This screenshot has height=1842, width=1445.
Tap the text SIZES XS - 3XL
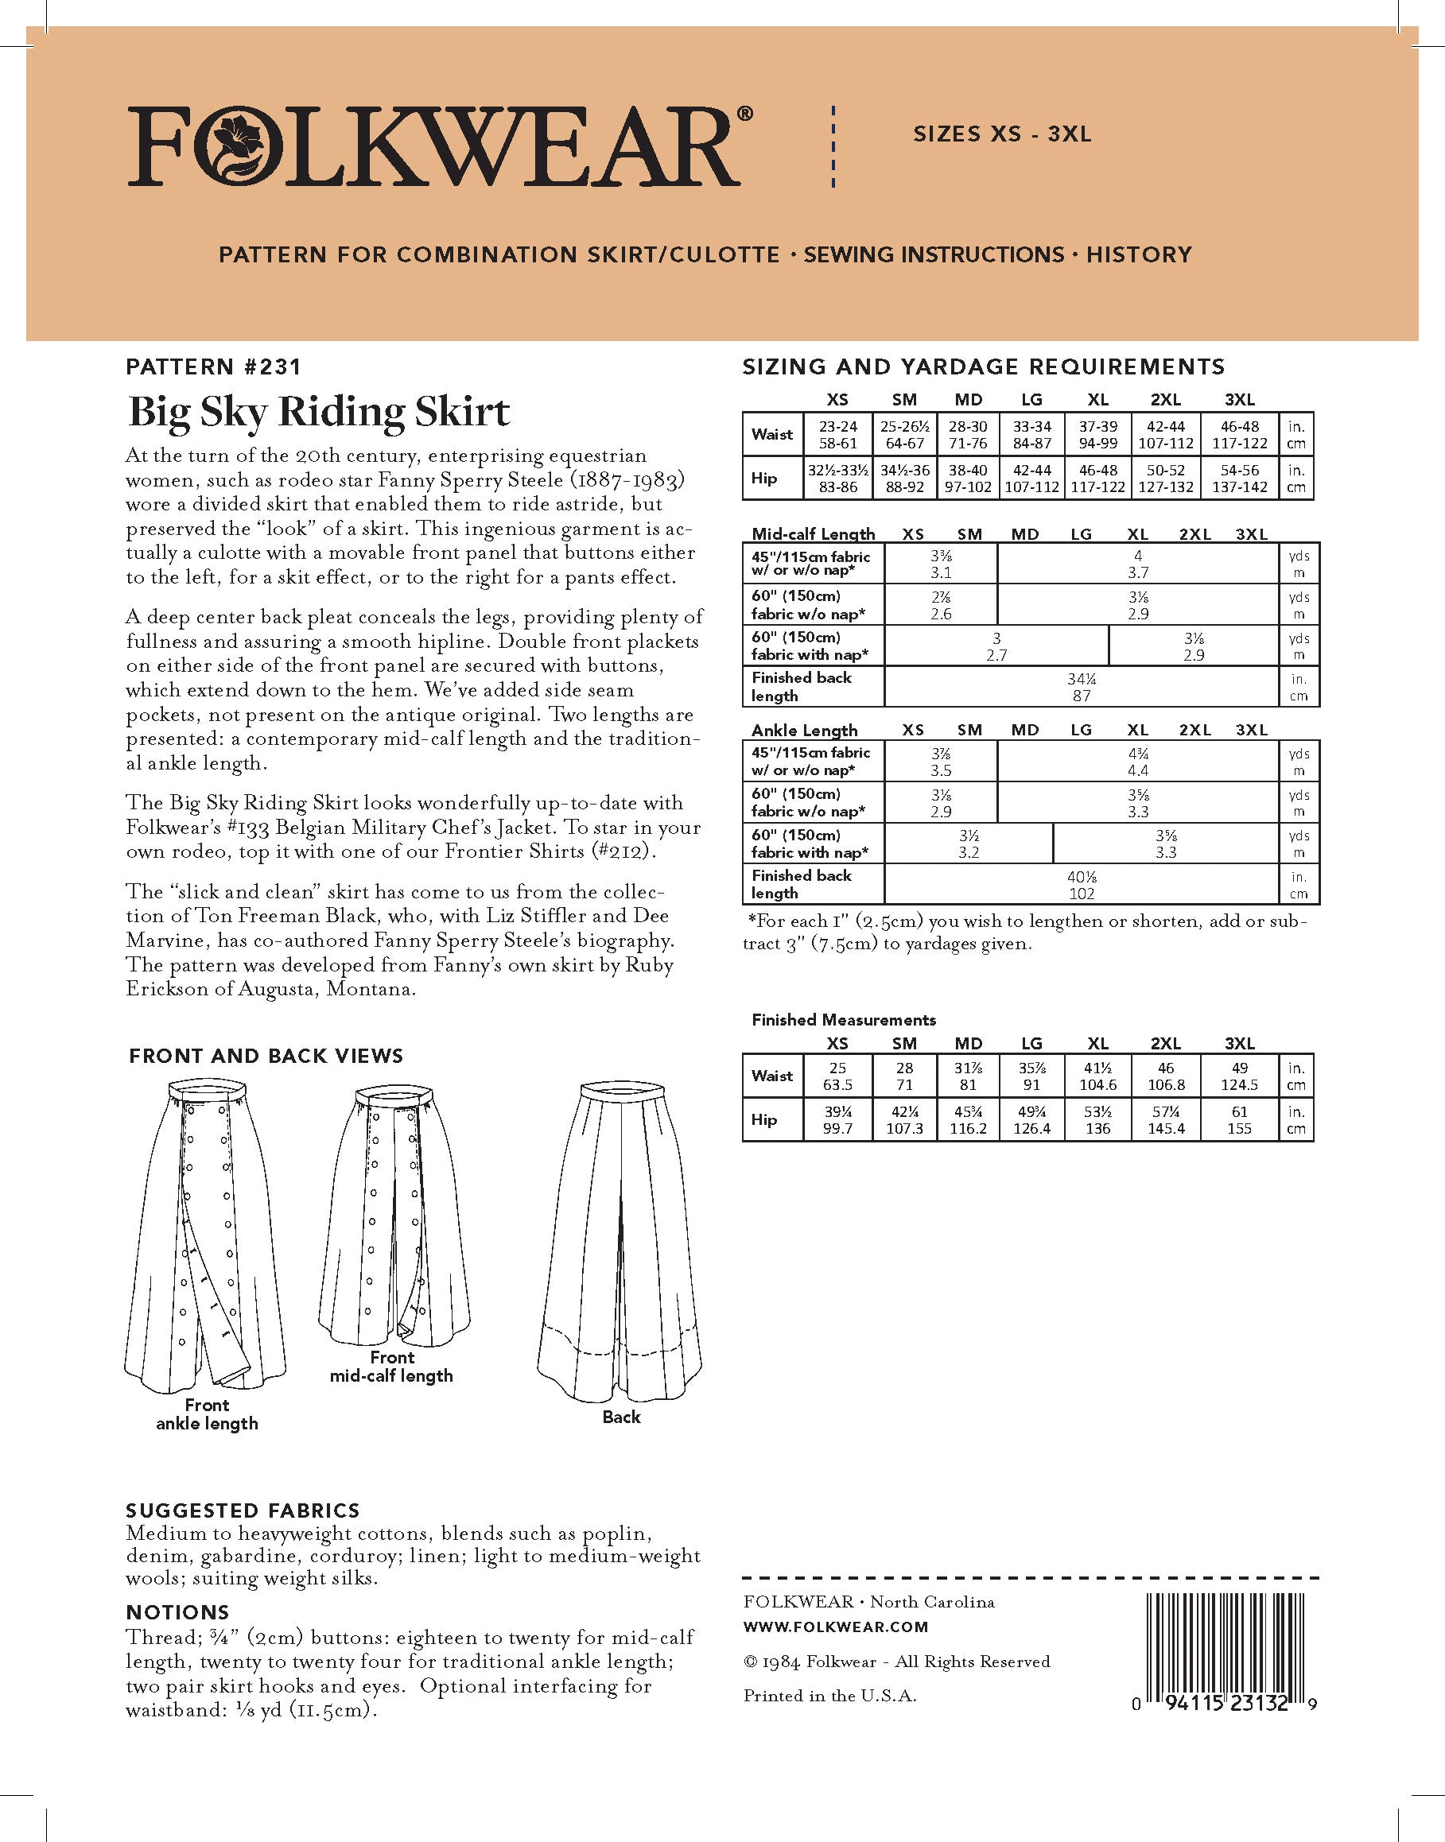[1002, 134]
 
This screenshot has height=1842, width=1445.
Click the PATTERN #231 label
[213, 366]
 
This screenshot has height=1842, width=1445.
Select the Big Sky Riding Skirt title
[318, 412]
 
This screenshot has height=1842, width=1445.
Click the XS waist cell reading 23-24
[837, 435]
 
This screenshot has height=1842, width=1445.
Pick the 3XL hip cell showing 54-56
[1238, 479]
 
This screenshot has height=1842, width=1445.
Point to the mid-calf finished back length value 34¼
[1082, 687]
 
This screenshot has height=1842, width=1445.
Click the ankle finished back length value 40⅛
[1082, 884]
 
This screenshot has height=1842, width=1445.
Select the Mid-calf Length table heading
[813, 534]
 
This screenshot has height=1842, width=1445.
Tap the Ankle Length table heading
[804, 730]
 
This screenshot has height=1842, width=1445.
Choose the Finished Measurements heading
[844, 1020]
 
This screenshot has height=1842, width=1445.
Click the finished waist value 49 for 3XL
[1238, 1076]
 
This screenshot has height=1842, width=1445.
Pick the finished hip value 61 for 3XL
[1238, 1119]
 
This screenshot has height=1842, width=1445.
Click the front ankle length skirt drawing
[207, 1235]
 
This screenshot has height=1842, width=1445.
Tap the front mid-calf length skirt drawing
[394, 1218]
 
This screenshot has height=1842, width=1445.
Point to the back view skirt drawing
[620, 1235]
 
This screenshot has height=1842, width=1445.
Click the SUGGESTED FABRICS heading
[242, 1510]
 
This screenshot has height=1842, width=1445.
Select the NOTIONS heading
[177, 1612]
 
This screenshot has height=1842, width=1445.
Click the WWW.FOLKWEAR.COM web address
[835, 1627]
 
